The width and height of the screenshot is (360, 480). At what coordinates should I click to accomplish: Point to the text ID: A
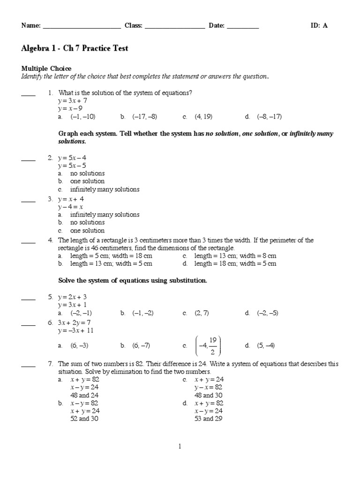(319, 26)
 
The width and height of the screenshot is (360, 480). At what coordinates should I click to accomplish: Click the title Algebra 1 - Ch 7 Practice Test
(75, 49)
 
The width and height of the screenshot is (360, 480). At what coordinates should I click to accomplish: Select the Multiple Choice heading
(46, 69)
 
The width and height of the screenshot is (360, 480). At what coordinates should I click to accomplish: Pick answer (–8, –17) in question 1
(269, 117)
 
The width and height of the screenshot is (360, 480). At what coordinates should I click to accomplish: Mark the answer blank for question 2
(28, 159)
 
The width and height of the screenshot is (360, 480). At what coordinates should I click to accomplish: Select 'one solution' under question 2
(87, 181)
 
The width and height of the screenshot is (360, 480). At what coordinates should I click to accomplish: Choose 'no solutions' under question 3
(87, 223)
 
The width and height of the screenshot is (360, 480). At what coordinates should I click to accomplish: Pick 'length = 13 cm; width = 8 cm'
(235, 256)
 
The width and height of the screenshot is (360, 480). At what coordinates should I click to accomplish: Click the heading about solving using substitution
(132, 281)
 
